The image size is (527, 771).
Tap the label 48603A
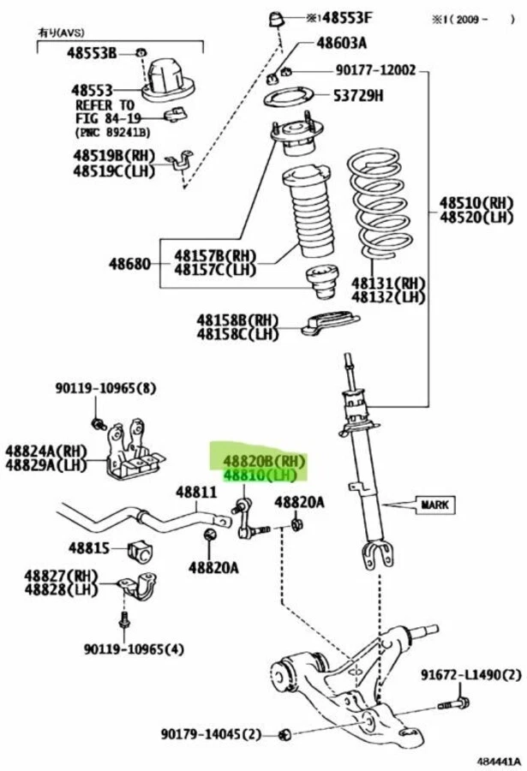(x=340, y=43)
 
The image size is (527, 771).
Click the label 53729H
(x=354, y=95)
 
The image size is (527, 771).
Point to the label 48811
(x=197, y=493)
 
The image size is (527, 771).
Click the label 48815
(x=90, y=546)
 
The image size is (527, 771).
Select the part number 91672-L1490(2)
(x=470, y=675)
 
